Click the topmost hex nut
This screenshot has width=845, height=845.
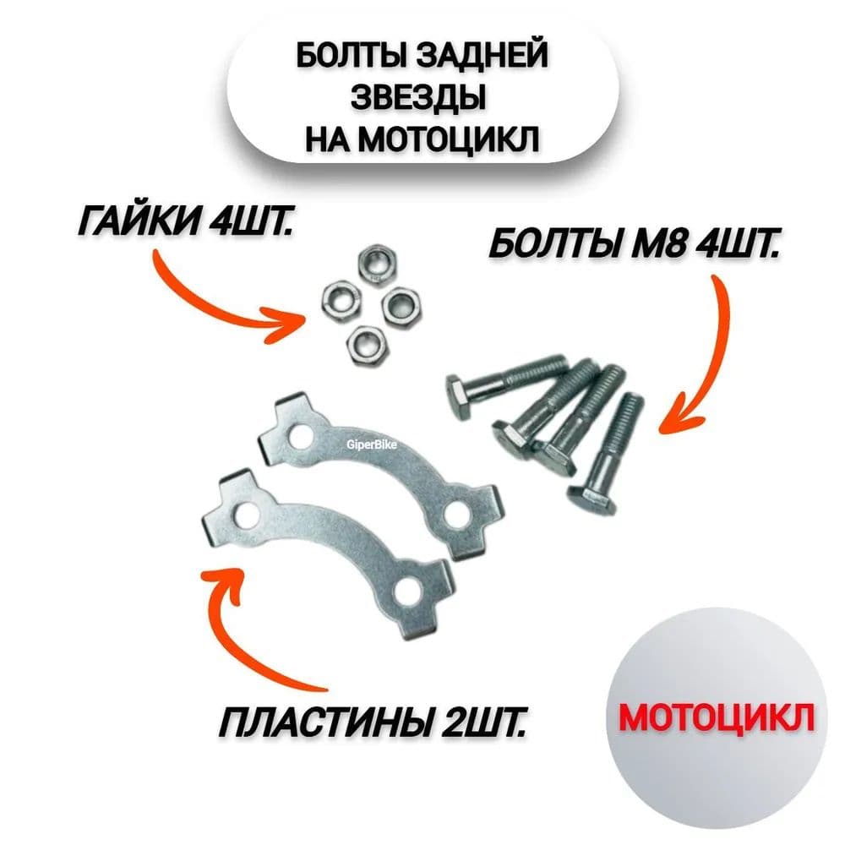click(x=376, y=263)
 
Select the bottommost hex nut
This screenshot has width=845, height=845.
click(x=363, y=342)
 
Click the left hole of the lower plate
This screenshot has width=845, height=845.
click(x=246, y=515)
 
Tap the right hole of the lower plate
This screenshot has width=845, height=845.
click(x=408, y=591)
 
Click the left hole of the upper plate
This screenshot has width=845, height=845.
click(x=300, y=438)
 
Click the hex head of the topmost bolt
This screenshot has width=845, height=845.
click(x=460, y=398)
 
